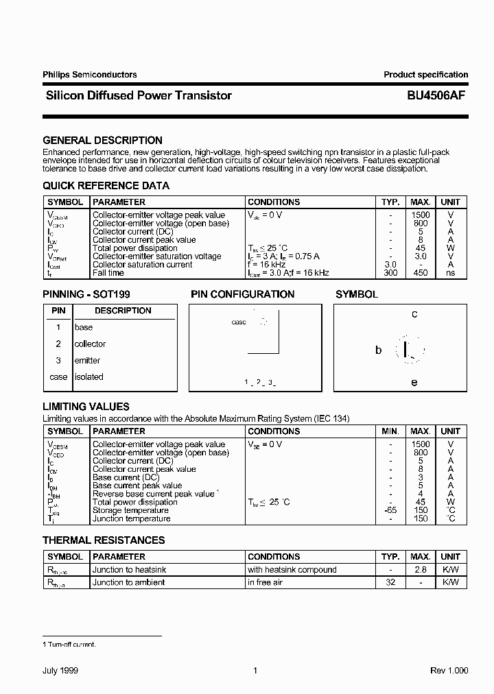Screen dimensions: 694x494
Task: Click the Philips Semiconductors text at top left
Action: [x=90, y=75]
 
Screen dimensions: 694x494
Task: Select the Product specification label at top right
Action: [x=425, y=75]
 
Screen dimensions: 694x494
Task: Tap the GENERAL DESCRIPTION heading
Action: [x=102, y=140]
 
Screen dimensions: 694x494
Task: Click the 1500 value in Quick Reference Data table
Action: [x=420, y=215]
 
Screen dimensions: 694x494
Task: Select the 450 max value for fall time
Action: [x=420, y=273]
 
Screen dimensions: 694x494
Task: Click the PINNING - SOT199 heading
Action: [x=86, y=294]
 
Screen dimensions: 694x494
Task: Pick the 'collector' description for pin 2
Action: [x=90, y=344]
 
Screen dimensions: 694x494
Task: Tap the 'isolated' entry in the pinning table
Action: [x=89, y=377]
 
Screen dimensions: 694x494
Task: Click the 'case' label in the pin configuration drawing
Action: [x=239, y=322]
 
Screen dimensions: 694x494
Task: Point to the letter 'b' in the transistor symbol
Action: [x=378, y=350]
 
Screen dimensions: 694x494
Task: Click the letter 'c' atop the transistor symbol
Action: [x=414, y=314]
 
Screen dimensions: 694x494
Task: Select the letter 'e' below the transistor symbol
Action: [x=414, y=382]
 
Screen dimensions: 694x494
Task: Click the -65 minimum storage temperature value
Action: [x=390, y=510]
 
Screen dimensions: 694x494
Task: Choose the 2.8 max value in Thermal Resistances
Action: [x=420, y=570]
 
